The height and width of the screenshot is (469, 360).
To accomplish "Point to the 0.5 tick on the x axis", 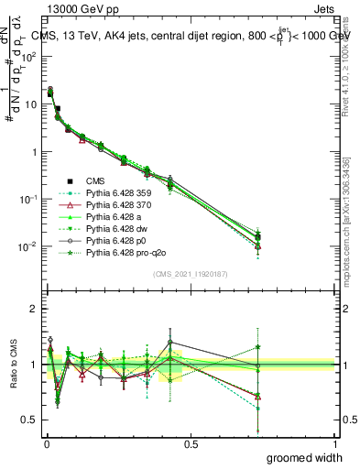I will (x=191, y=442).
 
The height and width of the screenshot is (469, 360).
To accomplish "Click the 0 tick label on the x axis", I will (x=46, y=442).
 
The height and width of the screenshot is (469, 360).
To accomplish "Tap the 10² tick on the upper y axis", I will (x=29, y=57).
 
